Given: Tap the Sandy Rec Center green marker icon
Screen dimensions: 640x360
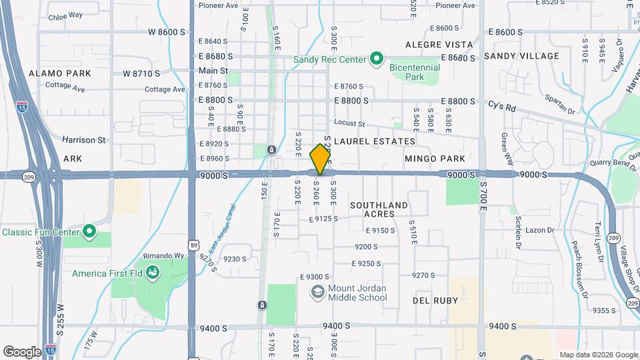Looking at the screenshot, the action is [x=377, y=60].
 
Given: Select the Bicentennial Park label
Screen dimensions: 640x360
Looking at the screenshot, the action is [x=415, y=72].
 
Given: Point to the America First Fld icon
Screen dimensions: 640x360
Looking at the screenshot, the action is [x=153, y=273].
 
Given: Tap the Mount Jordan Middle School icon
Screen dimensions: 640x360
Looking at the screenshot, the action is [x=317, y=292].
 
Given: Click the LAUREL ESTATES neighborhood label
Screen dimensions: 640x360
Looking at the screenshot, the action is [x=374, y=141].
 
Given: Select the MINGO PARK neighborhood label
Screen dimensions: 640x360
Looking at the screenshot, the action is [x=434, y=159].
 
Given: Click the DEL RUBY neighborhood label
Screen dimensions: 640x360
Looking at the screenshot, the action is [x=434, y=301].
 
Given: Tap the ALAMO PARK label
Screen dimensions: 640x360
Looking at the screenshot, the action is [x=51, y=73].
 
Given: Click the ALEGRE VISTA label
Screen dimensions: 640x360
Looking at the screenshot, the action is [x=439, y=45].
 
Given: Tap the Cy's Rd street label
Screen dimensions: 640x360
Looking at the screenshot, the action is [x=502, y=106].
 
